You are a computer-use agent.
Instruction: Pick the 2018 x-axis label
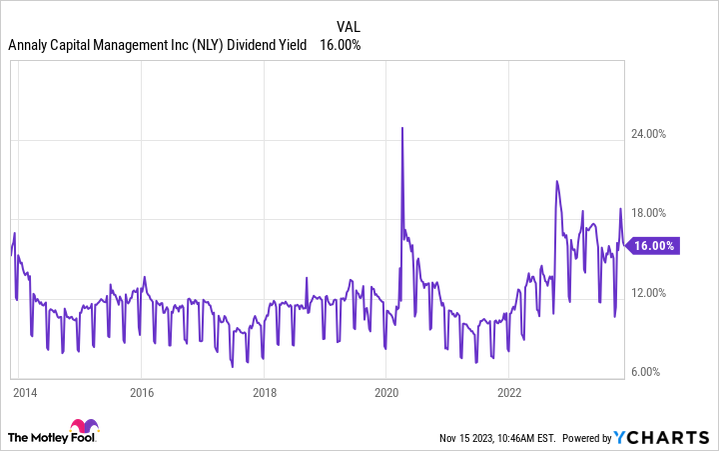pos(264,392)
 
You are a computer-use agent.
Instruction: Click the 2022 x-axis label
pos(509,392)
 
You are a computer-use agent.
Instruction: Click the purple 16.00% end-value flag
pos(652,245)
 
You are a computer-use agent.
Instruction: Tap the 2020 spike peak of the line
pos(401,128)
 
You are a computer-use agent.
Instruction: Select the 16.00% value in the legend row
pos(340,45)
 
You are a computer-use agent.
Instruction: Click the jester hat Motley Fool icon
pos(83,428)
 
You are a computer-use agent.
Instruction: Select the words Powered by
pos(586,438)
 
